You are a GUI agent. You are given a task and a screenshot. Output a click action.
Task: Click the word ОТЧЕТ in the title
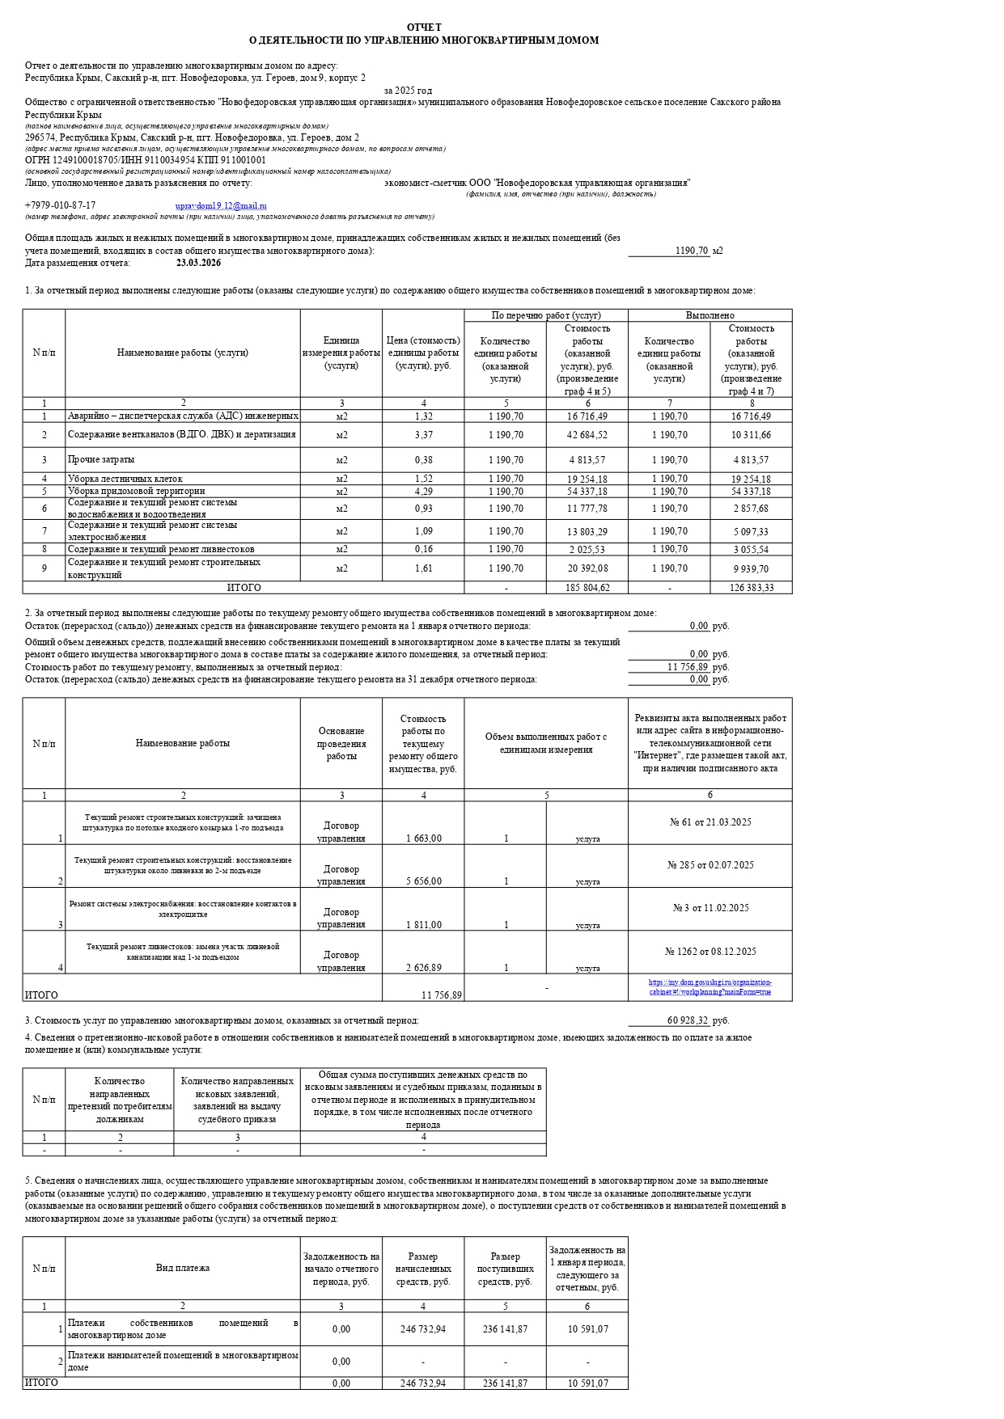(x=424, y=27)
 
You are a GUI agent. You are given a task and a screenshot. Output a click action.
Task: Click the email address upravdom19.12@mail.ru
(x=221, y=206)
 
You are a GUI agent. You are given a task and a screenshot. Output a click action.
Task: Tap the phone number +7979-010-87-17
(x=60, y=206)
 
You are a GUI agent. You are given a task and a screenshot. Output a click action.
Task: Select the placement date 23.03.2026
(x=198, y=263)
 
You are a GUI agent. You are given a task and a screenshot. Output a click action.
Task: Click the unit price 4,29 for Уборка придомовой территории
(x=423, y=491)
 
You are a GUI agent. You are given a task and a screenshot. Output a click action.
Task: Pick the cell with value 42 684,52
(x=587, y=435)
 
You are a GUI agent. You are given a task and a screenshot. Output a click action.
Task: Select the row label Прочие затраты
(x=101, y=460)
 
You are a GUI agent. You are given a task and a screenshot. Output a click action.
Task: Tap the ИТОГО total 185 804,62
(x=587, y=588)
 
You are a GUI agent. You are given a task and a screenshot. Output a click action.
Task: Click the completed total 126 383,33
(x=751, y=588)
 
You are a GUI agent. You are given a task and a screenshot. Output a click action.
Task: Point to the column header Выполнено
(x=710, y=315)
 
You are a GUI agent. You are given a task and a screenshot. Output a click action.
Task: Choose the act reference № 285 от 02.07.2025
(x=710, y=865)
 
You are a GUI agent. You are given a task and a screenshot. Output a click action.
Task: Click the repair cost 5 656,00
(x=423, y=881)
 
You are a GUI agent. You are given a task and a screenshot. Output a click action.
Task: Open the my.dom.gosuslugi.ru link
(x=710, y=987)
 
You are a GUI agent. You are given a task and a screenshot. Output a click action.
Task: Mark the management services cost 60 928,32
(x=687, y=1020)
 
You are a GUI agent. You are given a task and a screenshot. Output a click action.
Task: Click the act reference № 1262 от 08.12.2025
(x=710, y=952)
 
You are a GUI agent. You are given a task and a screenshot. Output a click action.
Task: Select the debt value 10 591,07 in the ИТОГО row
(x=587, y=1383)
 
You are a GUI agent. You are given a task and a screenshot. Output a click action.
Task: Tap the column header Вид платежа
(x=183, y=1268)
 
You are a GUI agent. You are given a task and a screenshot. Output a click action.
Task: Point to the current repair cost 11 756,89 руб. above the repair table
(x=687, y=667)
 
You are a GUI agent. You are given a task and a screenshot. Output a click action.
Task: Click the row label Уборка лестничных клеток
(x=125, y=479)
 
